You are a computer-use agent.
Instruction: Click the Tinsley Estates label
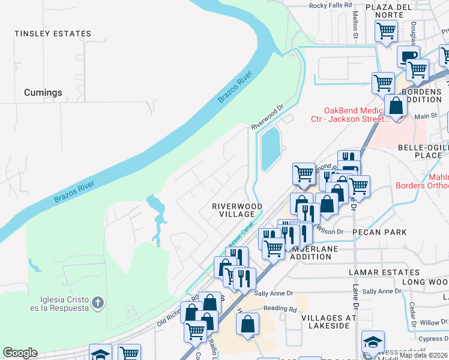[53, 34]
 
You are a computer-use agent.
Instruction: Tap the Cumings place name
[43, 92]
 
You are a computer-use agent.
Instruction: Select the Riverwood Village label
[237, 210]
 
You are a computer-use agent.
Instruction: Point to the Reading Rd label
[280, 310]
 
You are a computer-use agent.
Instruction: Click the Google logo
[20, 353]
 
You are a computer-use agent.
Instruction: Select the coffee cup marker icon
[408, 56]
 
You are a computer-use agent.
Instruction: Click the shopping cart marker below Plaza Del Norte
[386, 31]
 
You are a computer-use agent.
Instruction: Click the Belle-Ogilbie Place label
[424, 151]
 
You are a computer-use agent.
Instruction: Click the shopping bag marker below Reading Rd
[247, 325]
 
